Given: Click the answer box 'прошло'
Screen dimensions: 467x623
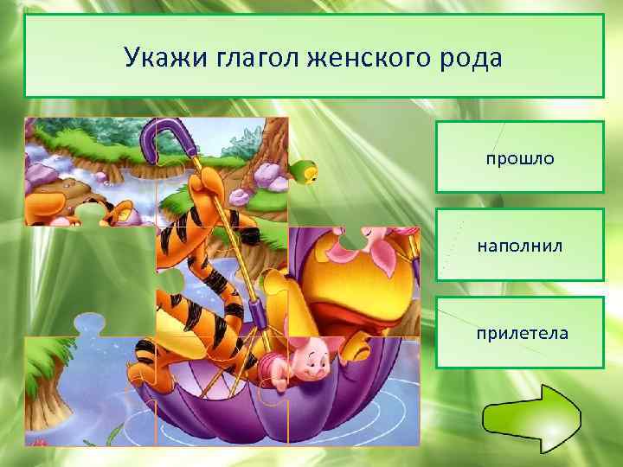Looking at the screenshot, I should (519, 157).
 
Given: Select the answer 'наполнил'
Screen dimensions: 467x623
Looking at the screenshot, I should (519, 245).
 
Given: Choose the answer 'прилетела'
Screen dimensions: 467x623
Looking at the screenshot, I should (519, 332).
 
